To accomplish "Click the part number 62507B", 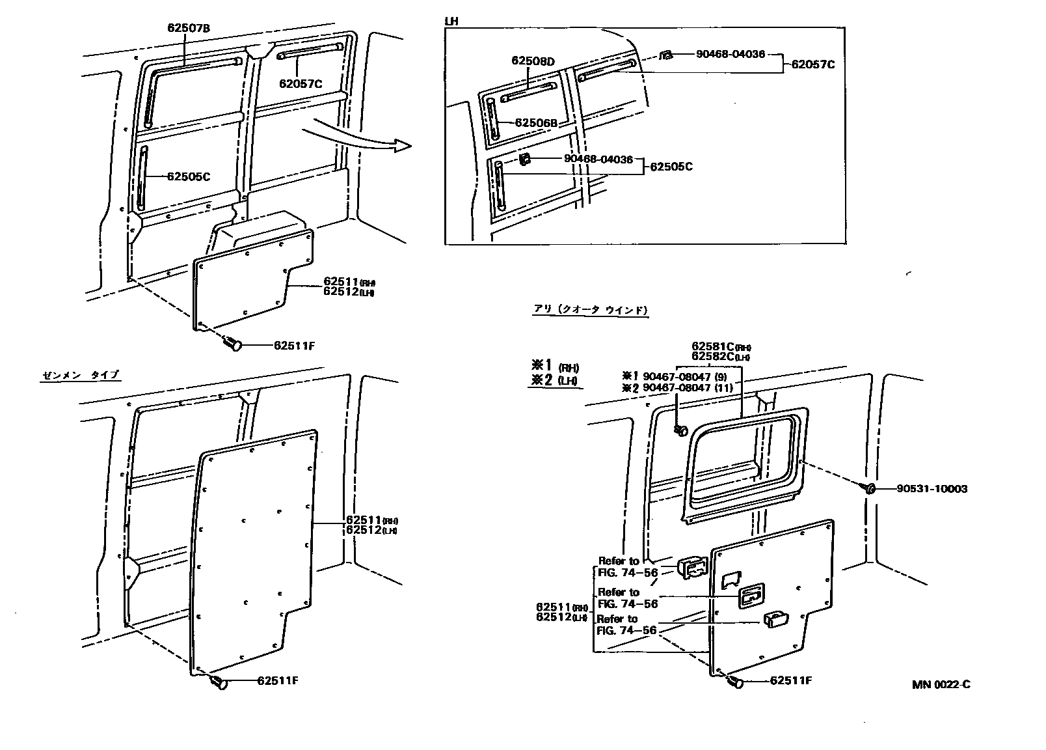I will click(x=189, y=27).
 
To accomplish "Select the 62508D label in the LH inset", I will click(x=533, y=61).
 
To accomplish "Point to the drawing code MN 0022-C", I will click(x=941, y=684).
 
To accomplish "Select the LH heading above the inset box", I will click(x=451, y=21).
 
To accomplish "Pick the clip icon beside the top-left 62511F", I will click(x=232, y=343).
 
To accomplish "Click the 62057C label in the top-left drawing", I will click(x=301, y=83).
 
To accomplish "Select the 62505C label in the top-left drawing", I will click(x=189, y=176).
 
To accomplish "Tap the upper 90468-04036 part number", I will click(x=730, y=55).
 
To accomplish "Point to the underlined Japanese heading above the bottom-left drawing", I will click(x=81, y=375).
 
